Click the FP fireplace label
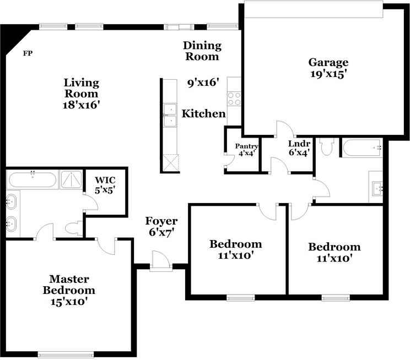(28, 53)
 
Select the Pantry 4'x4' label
(246, 150)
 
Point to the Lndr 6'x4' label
(299, 148)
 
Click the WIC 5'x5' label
(105, 185)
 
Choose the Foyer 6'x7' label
(161, 226)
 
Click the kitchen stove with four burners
(234, 99)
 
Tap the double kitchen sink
(170, 115)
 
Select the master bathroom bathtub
(33, 179)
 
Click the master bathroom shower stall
(71, 179)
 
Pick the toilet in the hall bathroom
(326, 147)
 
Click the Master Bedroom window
(66, 354)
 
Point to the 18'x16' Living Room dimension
(82, 105)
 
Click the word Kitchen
(204, 113)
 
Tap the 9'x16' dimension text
(203, 83)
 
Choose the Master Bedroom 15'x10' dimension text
(69, 302)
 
